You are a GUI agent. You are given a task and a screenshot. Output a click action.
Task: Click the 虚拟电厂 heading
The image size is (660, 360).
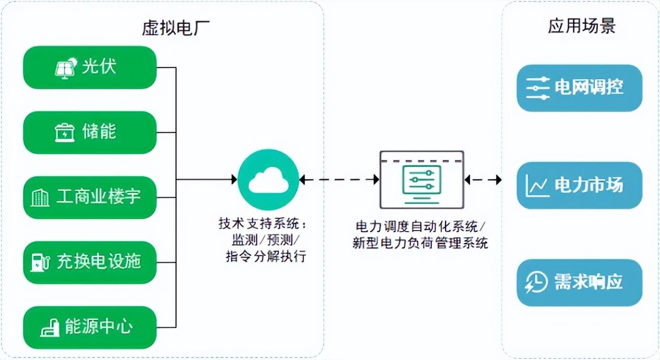pos(176,28)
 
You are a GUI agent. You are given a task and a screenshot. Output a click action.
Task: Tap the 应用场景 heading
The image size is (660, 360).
pos(581,26)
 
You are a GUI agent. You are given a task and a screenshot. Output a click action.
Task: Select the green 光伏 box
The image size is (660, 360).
pos(90,67)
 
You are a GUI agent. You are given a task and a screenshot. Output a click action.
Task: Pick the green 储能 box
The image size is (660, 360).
pos(90,132)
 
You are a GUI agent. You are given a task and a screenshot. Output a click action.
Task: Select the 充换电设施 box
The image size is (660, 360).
pos(90,262)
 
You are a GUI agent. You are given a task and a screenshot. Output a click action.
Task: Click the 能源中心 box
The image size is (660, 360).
pos(90,327)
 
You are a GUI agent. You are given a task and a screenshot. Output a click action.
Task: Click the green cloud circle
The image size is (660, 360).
pos(268,180)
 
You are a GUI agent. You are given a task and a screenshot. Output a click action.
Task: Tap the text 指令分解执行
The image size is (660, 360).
pos(266,256)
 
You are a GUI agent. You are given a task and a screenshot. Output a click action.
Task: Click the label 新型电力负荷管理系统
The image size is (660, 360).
pos(420,244)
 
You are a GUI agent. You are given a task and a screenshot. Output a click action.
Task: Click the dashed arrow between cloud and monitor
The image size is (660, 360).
pos(339,180)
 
